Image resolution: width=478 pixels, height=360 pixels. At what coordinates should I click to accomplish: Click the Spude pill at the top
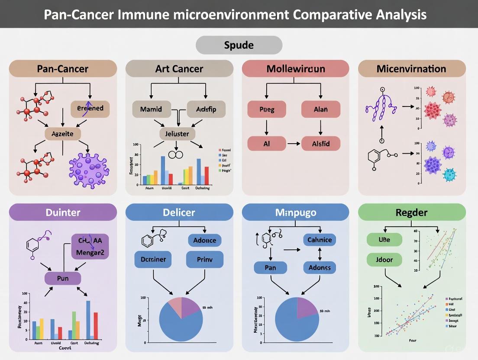pyautogui.click(x=239, y=45)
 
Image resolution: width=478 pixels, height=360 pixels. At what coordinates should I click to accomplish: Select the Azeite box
pyautogui.click(x=63, y=134)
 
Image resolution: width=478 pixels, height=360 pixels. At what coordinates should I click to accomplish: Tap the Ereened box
pyautogui.click(x=90, y=109)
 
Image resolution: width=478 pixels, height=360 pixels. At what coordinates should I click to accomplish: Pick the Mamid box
pyautogui.click(x=151, y=109)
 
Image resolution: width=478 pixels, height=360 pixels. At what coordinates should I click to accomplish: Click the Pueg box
pyautogui.click(x=267, y=109)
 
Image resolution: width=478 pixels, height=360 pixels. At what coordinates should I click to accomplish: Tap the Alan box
pyautogui.click(x=320, y=109)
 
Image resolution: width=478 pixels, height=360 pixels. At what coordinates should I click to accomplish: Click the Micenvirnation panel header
pyautogui.click(x=412, y=69)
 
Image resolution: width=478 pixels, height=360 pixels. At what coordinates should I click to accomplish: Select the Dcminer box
pyautogui.click(x=153, y=260)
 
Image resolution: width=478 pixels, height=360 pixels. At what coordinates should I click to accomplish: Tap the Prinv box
pyautogui.click(x=204, y=260)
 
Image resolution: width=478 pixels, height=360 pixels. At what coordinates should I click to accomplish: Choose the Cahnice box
pyautogui.click(x=320, y=240)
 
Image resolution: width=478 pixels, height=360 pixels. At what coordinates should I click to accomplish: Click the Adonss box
pyautogui.click(x=320, y=267)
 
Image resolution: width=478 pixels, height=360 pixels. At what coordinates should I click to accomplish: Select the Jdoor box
pyautogui.click(x=384, y=260)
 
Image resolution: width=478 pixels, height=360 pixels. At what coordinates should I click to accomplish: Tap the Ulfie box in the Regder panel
pyautogui.click(x=384, y=239)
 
